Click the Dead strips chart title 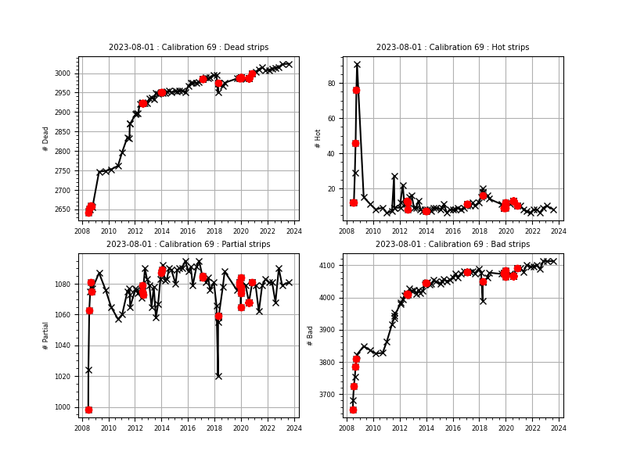point(188,48)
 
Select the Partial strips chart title point(188,245)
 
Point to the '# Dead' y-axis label point(46,138)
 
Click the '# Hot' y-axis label point(318,138)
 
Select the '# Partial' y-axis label point(46,335)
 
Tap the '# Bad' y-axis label point(311,335)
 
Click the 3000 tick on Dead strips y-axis point(63,73)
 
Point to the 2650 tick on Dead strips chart point(63,209)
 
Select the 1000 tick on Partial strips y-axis point(63,407)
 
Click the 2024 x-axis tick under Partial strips point(294,428)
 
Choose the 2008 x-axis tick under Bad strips point(347,428)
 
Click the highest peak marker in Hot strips point(357,65)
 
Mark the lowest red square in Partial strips point(88,410)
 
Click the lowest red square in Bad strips point(353,410)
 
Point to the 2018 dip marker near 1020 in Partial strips point(218,376)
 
